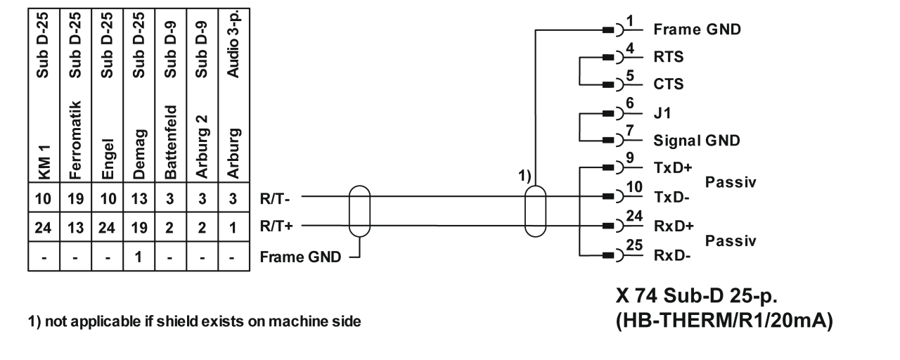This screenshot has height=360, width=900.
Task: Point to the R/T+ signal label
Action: (x=275, y=228)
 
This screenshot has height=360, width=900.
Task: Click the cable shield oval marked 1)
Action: (x=536, y=211)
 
